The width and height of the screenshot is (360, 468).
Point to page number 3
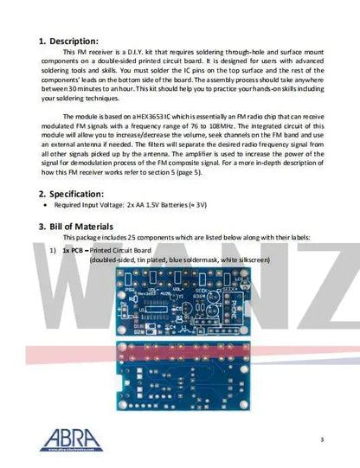coord(321,440)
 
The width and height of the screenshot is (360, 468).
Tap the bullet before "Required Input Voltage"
coord(46,208)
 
